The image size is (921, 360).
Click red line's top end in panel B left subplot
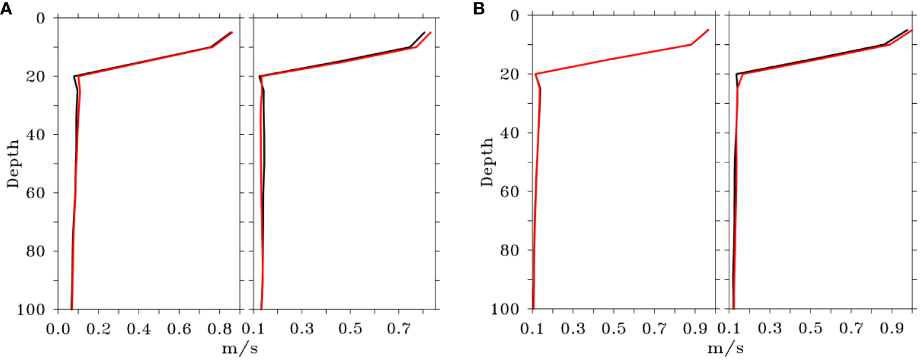(708, 30)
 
